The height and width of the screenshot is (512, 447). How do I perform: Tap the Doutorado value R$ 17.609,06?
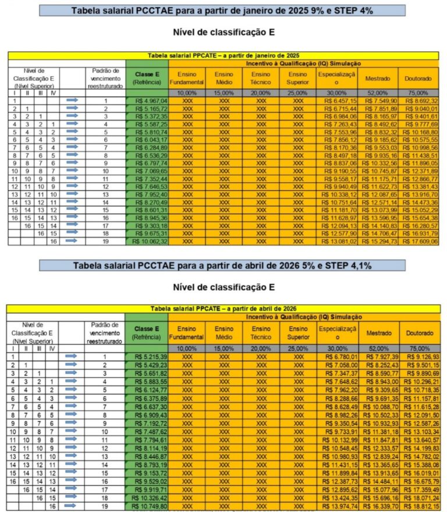[418, 241]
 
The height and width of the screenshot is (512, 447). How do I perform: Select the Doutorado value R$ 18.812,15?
[418, 507]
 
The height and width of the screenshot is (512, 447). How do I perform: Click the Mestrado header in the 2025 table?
[378, 78]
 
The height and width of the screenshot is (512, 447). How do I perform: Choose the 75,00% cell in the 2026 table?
[418, 348]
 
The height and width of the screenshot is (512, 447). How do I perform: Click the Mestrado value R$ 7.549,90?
[378, 101]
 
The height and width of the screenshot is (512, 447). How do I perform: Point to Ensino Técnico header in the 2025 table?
[261, 78]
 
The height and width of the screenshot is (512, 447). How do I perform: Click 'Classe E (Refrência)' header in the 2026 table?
[147, 332]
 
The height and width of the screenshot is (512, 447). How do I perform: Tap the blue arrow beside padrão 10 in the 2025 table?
[72, 171]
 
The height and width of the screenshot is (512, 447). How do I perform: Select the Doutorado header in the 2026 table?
[418, 333]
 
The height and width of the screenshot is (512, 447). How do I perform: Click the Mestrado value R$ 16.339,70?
[378, 507]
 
